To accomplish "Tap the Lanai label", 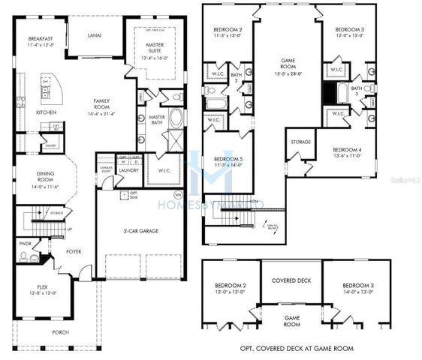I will click(x=94, y=34).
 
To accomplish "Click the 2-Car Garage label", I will click(x=143, y=232).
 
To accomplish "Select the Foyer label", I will click(x=74, y=252).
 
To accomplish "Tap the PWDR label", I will click(x=25, y=244).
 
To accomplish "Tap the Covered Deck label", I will click(x=291, y=280).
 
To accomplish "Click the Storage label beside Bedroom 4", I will click(x=301, y=141).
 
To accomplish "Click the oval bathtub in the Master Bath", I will click(x=176, y=118).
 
